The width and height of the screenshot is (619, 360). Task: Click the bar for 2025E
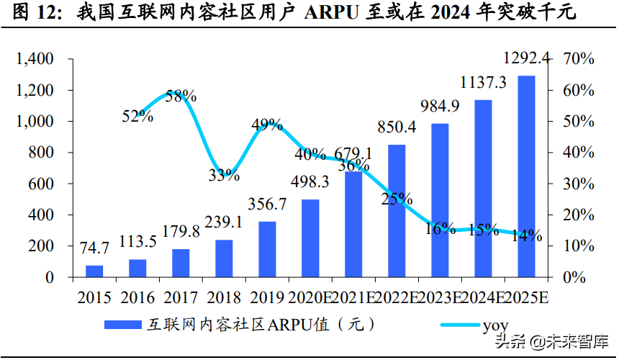[x=526, y=176]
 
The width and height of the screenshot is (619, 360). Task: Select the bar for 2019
[x=267, y=249]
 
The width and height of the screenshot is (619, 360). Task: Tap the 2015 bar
[x=94, y=271]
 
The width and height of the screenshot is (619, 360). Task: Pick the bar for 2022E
[x=397, y=211]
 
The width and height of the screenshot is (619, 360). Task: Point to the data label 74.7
[x=94, y=248]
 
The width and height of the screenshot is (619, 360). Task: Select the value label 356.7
[x=266, y=204]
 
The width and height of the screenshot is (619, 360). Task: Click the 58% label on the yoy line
[x=181, y=96]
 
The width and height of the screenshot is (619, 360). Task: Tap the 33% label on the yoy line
[x=224, y=174]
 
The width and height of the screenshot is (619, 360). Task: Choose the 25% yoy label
[x=397, y=198]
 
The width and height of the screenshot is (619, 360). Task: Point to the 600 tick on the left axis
[x=40, y=184]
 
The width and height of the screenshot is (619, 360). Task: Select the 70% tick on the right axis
[x=577, y=59]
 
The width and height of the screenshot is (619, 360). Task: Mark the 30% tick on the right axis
[x=577, y=184]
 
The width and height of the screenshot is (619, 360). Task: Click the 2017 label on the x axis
[x=181, y=298]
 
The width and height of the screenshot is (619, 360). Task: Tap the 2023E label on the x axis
[x=439, y=298]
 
